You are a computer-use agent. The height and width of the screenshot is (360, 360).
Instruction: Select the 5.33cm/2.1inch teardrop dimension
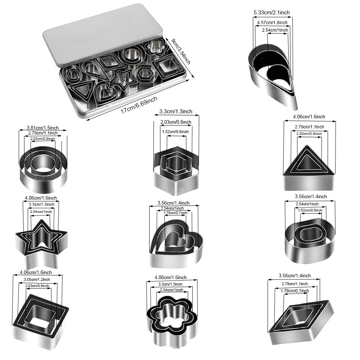point(272,13)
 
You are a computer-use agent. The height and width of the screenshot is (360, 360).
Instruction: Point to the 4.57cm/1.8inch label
point(272,22)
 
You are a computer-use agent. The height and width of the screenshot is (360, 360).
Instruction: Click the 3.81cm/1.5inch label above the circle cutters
point(42,128)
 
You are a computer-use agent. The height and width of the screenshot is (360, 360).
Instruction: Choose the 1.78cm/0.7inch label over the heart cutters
point(175,213)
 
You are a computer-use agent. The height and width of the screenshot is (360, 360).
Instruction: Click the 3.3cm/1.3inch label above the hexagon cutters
point(176,112)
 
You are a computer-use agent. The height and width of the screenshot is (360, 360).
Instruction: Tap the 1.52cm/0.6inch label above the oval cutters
point(311,210)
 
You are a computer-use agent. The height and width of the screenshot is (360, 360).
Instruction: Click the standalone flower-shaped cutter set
point(172,317)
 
